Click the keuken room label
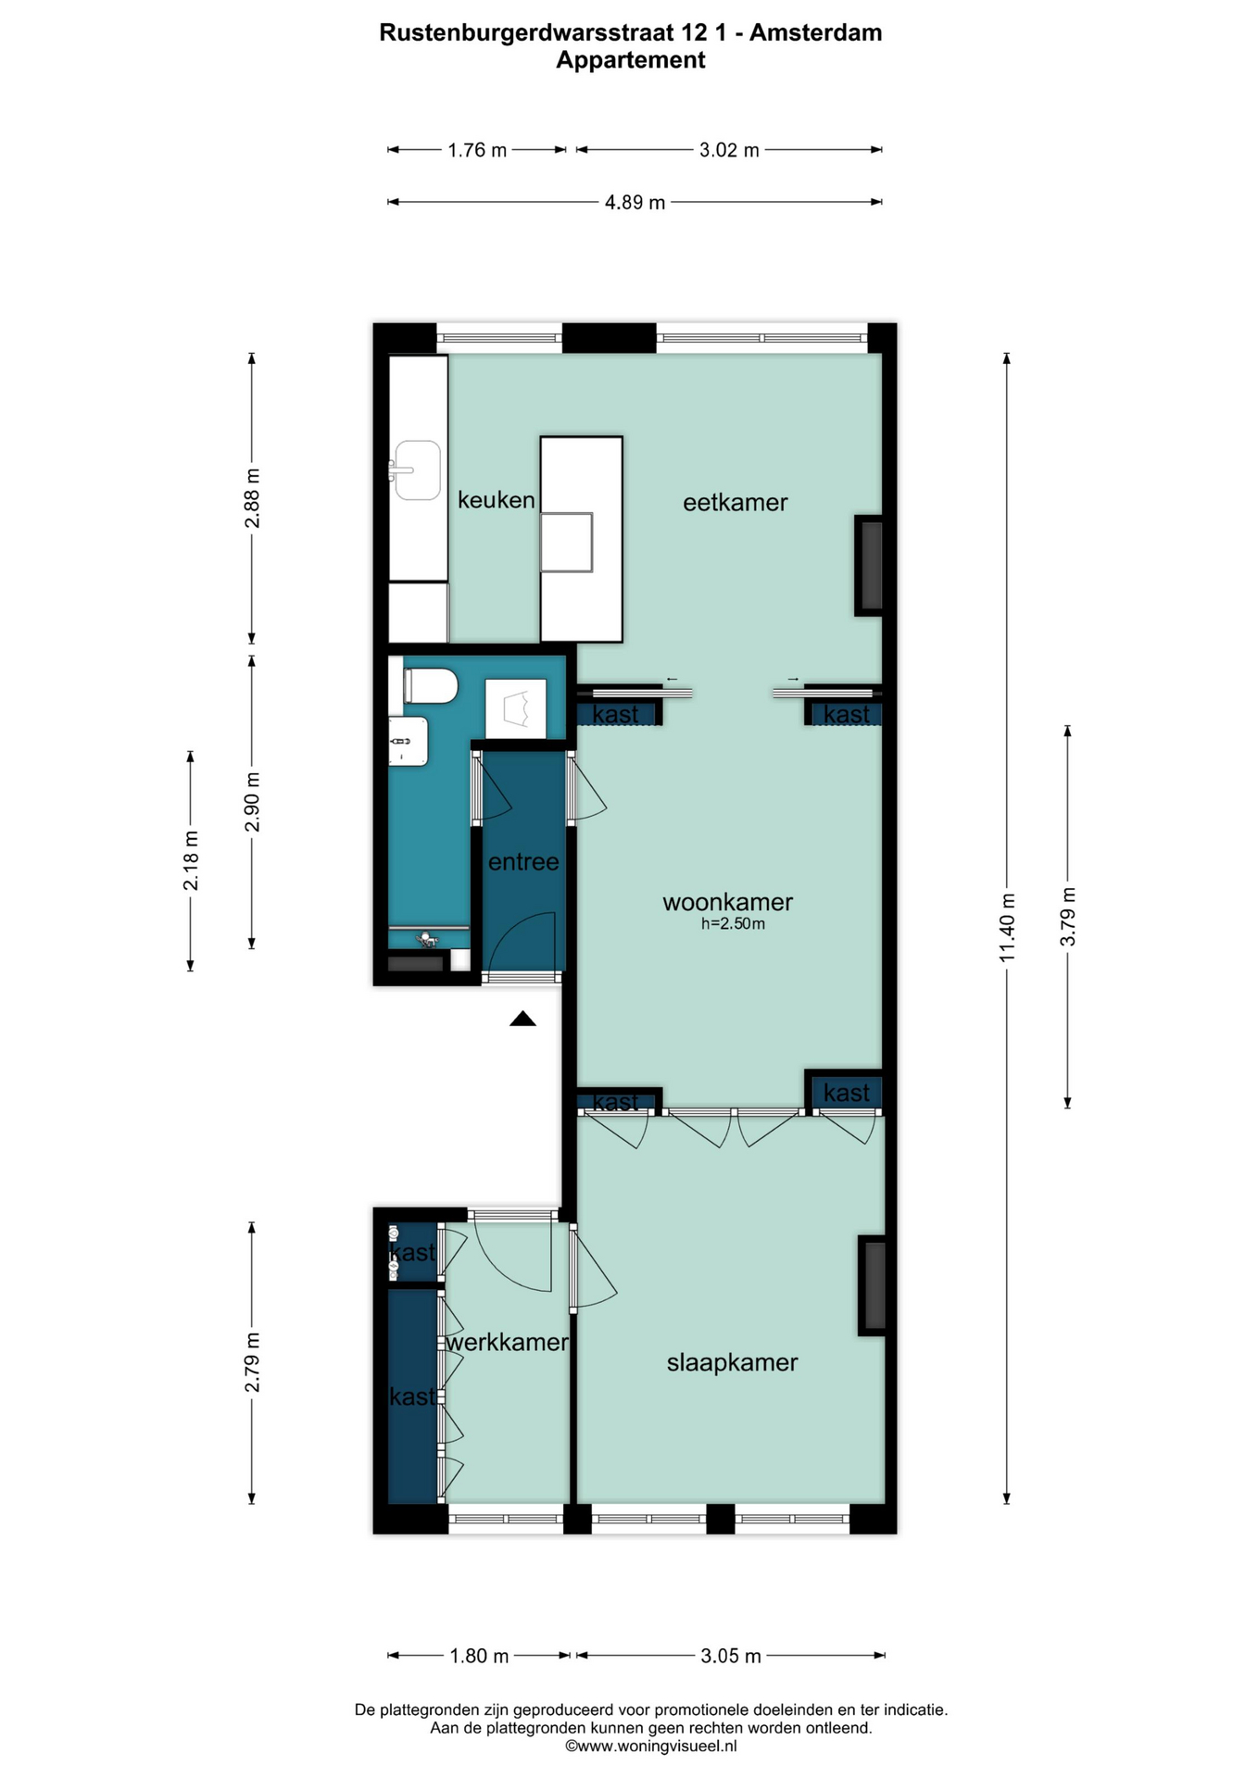coord(496,500)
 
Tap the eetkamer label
coord(735,503)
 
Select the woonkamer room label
coord(727,902)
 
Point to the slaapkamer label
coord(732,1362)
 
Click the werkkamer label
coord(507,1342)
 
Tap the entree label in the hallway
coord(523,862)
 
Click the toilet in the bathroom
coord(431,686)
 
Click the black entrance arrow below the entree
coord(522,1019)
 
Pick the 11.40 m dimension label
coord(1008,927)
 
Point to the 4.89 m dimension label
coord(635,202)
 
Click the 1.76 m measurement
coord(477,150)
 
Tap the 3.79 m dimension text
coord(1068,917)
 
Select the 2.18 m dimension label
coord(191,861)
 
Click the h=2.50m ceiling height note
coord(733,923)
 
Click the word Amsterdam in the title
coord(815,32)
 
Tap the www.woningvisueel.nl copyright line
coord(651,1746)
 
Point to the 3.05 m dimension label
coord(731,1656)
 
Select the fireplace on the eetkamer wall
coord(869,565)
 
